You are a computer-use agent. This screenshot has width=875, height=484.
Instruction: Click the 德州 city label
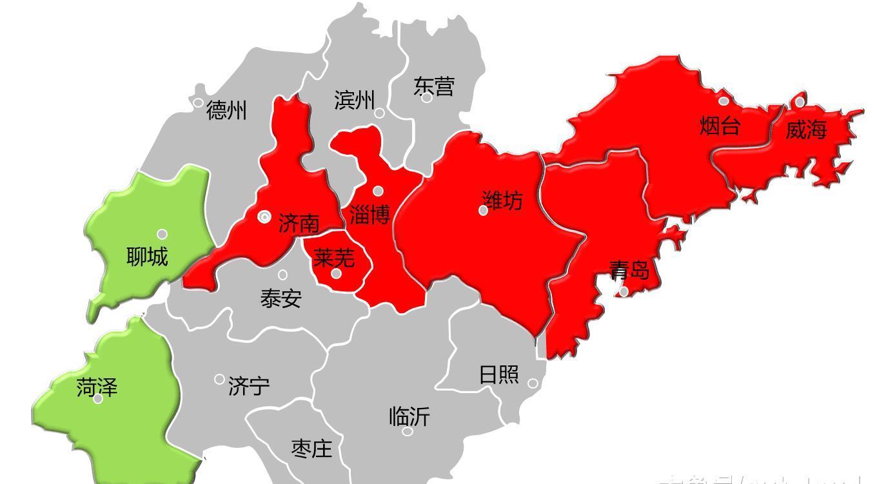(226, 111)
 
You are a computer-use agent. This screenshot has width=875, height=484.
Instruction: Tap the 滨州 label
(354, 100)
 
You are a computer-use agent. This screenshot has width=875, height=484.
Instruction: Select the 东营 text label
(433, 86)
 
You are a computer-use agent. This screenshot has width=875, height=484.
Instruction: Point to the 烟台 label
(720, 126)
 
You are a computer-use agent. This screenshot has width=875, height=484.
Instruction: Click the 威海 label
(805, 130)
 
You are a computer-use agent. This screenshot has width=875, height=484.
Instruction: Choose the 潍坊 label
(502, 200)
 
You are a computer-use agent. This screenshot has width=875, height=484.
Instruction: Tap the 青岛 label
(629, 269)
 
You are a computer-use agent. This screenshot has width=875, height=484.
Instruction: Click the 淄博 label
(369, 215)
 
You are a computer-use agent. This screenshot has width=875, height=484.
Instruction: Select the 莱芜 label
(333, 258)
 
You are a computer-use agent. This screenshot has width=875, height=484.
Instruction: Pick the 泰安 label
(280, 298)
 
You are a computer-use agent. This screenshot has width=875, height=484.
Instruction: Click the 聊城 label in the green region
(147, 257)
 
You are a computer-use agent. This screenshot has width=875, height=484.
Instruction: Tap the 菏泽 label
(97, 387)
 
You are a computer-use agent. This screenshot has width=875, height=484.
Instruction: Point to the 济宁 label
(249, 387)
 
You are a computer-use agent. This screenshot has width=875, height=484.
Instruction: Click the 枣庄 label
(311, 449)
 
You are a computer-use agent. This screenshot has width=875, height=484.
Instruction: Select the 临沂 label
(409, 416)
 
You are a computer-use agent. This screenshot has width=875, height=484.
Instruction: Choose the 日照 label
(498, 374)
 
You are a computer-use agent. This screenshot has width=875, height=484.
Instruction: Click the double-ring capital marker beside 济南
(264, 217)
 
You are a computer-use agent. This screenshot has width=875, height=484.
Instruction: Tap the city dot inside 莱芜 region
(336, 274)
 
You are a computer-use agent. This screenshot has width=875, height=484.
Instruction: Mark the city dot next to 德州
(198, 102)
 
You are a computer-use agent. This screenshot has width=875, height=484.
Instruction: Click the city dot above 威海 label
(800, 102)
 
